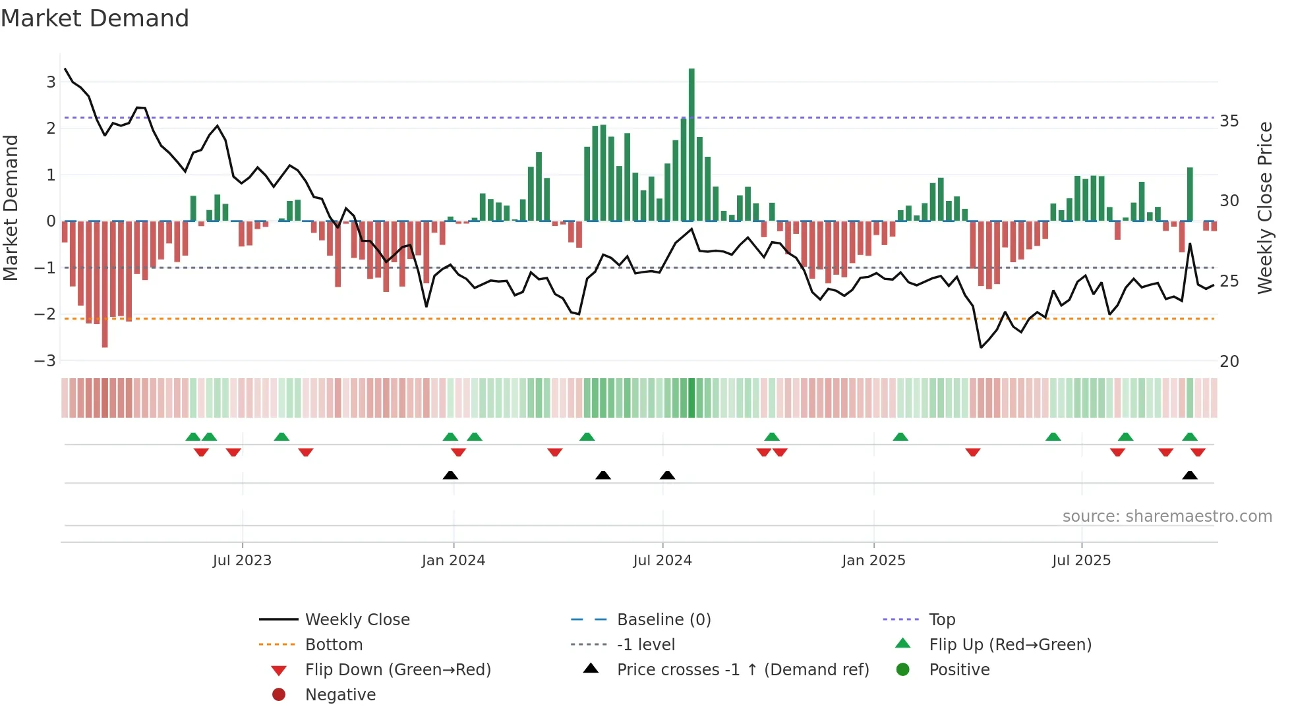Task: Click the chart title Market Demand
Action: pos(95,18)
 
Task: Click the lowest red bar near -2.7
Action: pos(105,283)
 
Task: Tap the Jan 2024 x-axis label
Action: pos(454,561)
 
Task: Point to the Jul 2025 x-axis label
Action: pos(1081,561)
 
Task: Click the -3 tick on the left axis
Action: pos(45,361)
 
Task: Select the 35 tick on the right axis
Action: pos(1229,121)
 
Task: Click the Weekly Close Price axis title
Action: pos(1264,208)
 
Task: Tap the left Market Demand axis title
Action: pos(11,208)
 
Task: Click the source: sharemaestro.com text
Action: pos(1167,517)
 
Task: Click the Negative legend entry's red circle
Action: pos(279,695)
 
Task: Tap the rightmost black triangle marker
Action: pos(1190,476)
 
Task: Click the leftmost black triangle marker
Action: pos(450,476)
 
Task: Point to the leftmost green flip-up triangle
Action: pos(193,437)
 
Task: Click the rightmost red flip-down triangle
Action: pos(1198,452)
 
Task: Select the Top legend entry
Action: pos(941,620)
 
